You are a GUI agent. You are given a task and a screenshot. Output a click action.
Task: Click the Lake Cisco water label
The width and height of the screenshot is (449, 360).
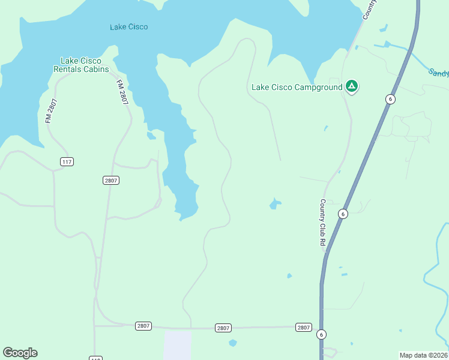pos(128,27)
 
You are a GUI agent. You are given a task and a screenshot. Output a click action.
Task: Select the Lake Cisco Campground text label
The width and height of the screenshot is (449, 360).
pos(297,88)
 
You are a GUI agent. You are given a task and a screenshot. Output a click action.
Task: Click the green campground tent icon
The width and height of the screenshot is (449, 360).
pos(352,86)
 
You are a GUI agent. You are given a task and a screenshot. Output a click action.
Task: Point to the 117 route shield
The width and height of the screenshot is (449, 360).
pos(67,162)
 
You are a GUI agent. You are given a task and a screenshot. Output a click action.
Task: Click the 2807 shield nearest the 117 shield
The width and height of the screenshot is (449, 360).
pos(111,180)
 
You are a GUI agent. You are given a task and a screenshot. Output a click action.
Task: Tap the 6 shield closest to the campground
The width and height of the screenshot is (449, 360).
pos(390,99)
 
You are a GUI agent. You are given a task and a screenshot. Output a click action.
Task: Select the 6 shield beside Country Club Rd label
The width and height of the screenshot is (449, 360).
pos(342,214)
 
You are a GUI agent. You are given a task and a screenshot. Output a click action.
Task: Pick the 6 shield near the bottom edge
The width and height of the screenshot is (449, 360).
pos(322,334)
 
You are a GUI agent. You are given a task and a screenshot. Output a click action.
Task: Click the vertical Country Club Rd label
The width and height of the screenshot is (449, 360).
pos(322,222)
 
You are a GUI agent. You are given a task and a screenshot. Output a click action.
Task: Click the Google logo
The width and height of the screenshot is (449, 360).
pos(20,352)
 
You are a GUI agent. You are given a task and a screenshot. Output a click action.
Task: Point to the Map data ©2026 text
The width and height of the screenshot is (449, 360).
pos(423,355)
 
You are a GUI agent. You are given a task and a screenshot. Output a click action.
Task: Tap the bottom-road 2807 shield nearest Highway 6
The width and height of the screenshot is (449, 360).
pos(304,327)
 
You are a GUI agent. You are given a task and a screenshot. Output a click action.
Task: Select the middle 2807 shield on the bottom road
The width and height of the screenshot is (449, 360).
pos(223,328)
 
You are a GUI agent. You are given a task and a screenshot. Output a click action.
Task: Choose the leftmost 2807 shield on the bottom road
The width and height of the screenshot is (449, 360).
pos(143,326)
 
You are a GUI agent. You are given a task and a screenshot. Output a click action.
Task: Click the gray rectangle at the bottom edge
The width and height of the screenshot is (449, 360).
pos(178,345)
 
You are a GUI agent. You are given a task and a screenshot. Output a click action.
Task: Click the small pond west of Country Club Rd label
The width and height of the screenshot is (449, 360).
pos(275,204)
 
